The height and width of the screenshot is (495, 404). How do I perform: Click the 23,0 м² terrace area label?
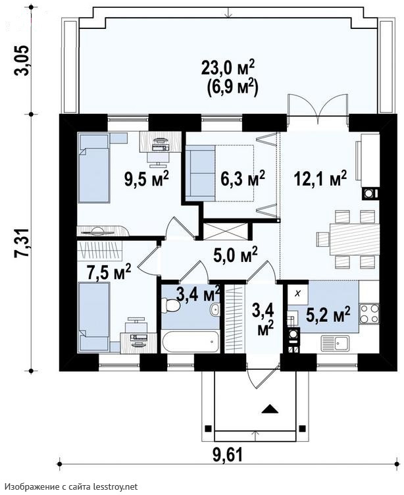click(x=228, y=69)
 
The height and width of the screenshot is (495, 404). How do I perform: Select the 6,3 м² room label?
click(x=242, y=179)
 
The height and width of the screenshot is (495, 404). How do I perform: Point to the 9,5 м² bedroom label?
click(x=147, y=179)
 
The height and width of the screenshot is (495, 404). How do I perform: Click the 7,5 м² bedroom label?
click(x=109, y=272)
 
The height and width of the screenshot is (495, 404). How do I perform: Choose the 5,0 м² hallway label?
click(x=236, y=255)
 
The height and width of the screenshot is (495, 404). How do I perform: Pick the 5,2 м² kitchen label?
click(x=328, y=314)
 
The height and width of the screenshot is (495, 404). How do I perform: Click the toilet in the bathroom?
click(x=170, y=305)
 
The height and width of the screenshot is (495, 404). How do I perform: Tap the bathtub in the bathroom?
click(x=190, y=342)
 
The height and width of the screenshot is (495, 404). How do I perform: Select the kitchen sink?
click(x=335, y=344)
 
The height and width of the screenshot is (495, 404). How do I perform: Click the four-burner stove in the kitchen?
click(x=369, y=314)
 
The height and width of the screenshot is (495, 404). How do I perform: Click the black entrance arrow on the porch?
click(x=270, y=409)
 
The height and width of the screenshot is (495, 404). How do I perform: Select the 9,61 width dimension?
click(x=227, y=456)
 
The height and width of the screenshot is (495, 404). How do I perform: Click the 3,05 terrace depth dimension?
click(x=23, y=61)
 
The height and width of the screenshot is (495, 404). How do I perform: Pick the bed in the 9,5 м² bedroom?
click(x=94, y=169)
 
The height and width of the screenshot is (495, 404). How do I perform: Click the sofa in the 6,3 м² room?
click(x=201, y=173)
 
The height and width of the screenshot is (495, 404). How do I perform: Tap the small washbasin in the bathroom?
click(x=215, y=309)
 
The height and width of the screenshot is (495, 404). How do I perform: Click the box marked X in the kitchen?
click(x=297, y=294)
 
